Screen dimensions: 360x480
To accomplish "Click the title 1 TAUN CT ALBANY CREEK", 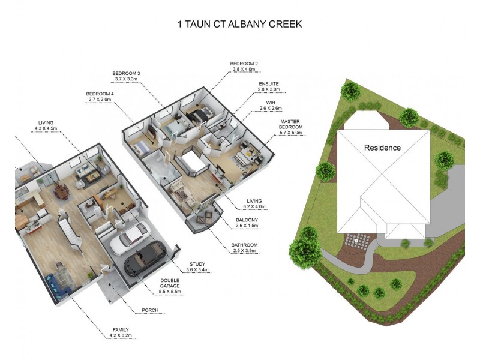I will [x=239, y=25].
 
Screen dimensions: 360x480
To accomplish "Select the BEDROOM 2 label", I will [x=244, y=63].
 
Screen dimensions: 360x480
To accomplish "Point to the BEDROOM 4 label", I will [x=100, y=94].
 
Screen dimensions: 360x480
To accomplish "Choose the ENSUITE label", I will [x=269, y=83].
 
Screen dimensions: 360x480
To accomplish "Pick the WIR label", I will [x=266, y=103].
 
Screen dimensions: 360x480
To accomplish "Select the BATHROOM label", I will [x=245, y=245].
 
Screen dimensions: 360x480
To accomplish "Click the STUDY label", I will [x=197, y=265].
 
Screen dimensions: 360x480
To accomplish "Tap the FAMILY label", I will [x=120, y=329].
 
